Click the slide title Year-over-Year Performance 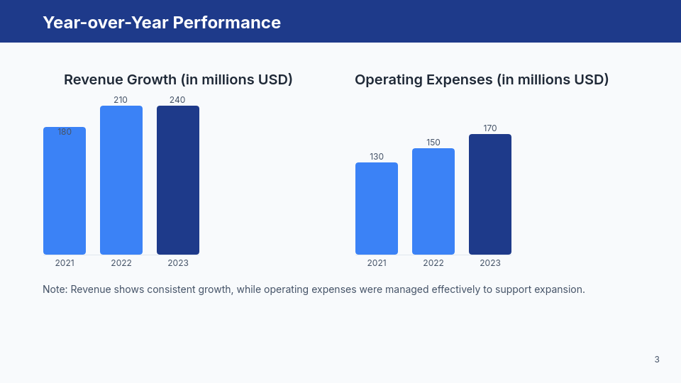tap(162, 23)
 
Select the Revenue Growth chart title tap(178, 79)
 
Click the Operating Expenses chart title tap(482, 79)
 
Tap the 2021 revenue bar tap(65, 191)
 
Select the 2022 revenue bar tap(121, 180)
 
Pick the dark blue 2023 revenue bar tap(178, 180)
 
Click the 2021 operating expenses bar tap(377, 209)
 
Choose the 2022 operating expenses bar tap(433, 201)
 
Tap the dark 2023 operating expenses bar tap(490, 194)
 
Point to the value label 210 tap(121, 100)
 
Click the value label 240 tap(177, 100)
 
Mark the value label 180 tap(65, 132)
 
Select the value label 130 tap(377, 157)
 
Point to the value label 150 tap(433, 143)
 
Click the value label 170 tap(490, 128)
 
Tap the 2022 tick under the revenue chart tap(121, 263)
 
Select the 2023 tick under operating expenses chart tap(490, 263)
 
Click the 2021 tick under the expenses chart tap(377, 263)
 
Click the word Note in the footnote tap(54, 289)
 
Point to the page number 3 tap(657, 360)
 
